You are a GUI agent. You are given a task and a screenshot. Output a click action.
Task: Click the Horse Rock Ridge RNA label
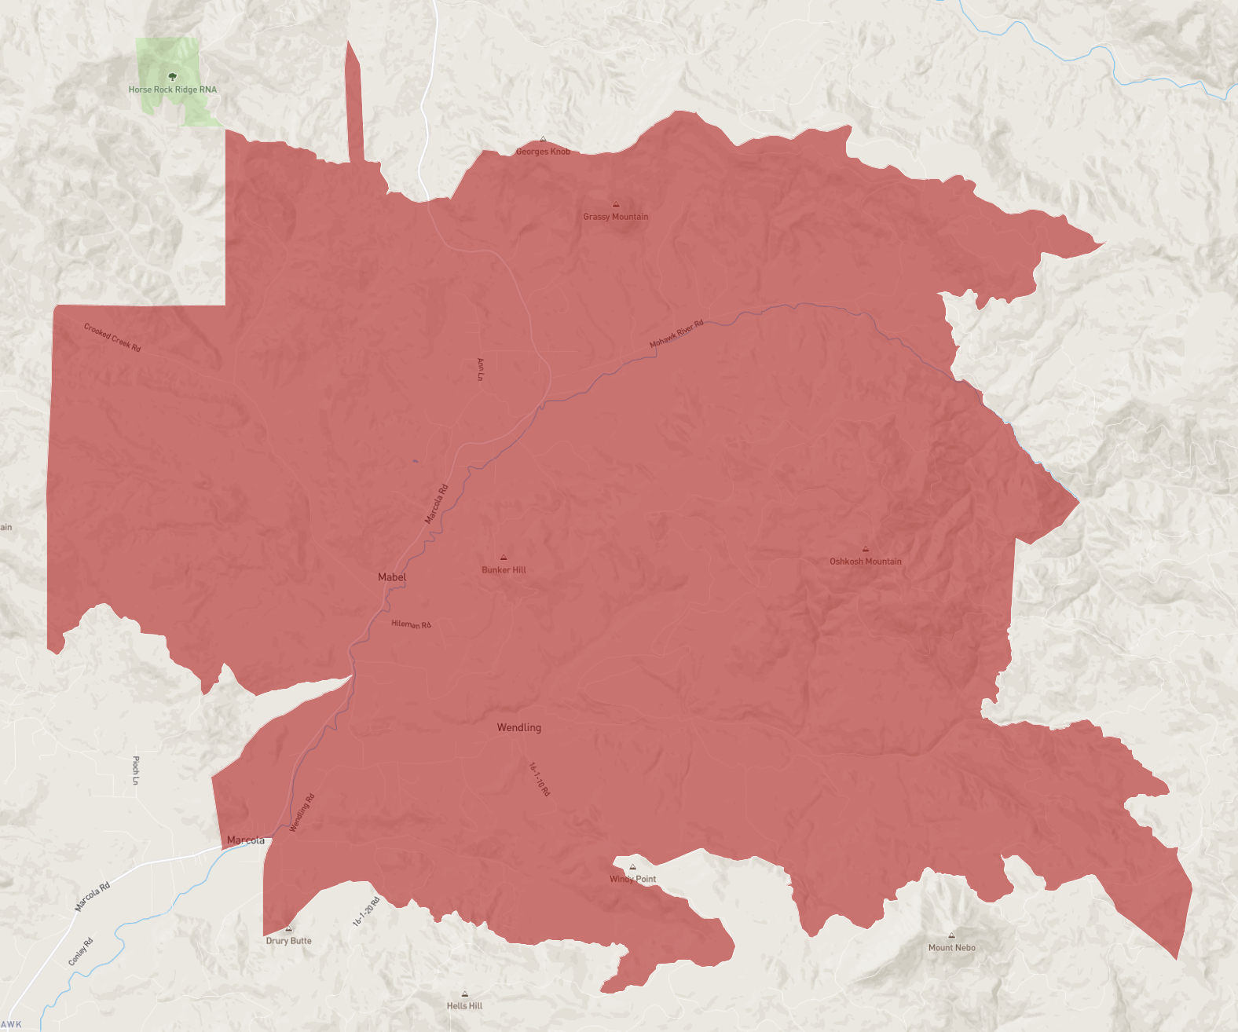tap(173, 90)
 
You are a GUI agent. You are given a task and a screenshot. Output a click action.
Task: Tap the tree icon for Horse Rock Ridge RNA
tap(173, 77)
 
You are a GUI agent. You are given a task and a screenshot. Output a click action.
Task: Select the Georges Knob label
tap(543, 152)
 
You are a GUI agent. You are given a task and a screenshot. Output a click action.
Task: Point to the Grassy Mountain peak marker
tap(616, 204)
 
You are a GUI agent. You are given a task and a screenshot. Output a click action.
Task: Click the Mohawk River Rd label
tap(676, 334)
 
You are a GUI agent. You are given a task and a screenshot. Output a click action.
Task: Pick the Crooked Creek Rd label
tap(112, 338)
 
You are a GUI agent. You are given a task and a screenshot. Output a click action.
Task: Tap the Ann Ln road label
tap(481, 369)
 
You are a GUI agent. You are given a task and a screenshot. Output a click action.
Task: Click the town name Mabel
tap(392, 577)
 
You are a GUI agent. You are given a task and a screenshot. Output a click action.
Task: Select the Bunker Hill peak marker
tap(504, 558)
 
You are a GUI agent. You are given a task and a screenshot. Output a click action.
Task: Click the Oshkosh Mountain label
tap(866, 562)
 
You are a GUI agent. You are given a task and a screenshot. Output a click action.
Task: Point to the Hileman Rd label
tap(411, 624)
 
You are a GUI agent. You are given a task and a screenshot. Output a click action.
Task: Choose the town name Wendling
tap(518, 728)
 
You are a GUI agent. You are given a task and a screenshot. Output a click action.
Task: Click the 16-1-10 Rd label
tap(539, 779)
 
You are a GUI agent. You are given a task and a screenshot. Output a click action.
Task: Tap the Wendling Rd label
tap(302, 813)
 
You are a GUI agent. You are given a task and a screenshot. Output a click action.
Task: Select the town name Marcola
tap(246, 840)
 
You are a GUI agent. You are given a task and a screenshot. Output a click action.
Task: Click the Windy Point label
tap(632, 879)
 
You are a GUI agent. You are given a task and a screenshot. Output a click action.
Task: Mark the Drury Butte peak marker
tap(289, 928)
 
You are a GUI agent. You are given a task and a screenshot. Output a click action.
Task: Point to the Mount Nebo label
tap(951, 948)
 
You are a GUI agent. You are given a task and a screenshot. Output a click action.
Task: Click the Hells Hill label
tap(464, 1006)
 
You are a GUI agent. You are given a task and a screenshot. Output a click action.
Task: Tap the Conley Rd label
tap(80, 952)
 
